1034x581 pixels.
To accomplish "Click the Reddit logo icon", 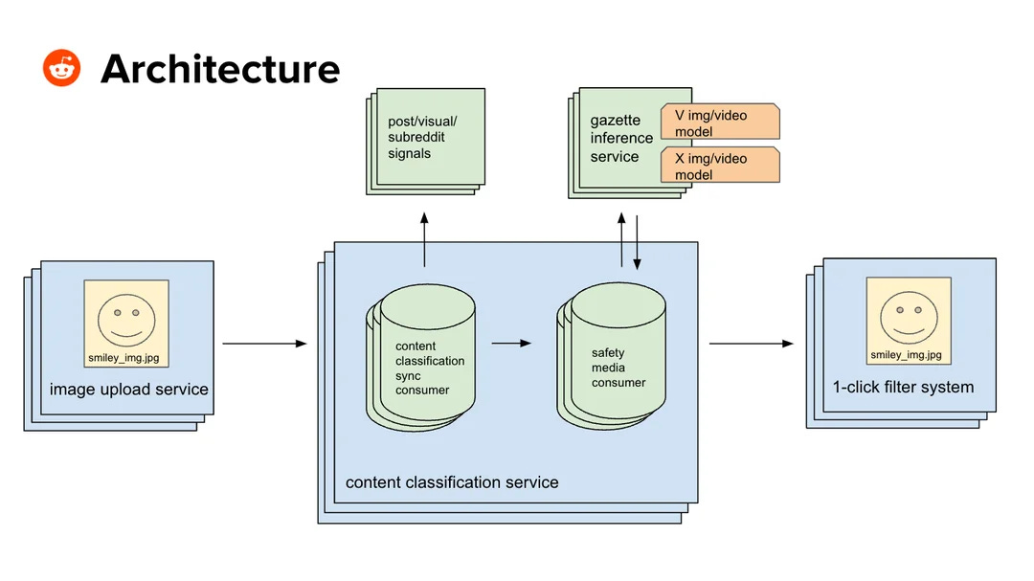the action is pyautogui.click(x=61, y=68).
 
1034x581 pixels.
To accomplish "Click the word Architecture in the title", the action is pyautogui.click(x=220, y=69).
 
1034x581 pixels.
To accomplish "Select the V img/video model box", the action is pyautogui.click(x=720, y=122).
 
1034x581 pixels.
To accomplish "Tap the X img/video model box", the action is pyautogui.click(x=720, y=165).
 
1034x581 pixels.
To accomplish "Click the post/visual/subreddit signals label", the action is pyautogui.click(x=422, y=137).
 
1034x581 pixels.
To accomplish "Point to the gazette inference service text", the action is pyautogui.click(x=621, y=139).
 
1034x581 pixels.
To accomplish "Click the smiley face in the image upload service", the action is pyautogui.click(x=126, y=320).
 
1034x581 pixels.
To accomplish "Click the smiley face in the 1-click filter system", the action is pyautogui.click(x=909, y=317).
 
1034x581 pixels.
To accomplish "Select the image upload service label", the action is pyautogui.click(x=128, y=390).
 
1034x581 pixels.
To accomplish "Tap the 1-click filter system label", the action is pyautogui.click(x=903, y=387).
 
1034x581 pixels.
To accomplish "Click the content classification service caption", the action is pyautogui.click(x=452, y=482).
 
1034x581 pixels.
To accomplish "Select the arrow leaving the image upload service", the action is pyautogui.click(x=264, y=344).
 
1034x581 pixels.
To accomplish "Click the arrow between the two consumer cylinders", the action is pyautogui.click(x=511, y=343).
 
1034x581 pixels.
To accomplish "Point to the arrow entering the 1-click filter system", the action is pyautogui.click(x=752, y=344).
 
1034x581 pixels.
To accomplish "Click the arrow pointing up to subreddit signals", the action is pyautogui.click(x=424, y=239).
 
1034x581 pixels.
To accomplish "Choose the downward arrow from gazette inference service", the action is pyautogui.click(x=637, y=242).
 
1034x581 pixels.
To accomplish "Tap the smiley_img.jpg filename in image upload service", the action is pyautogui.click(x=124, y=358).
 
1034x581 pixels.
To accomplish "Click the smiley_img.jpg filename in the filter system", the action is pyautogui.click(x=906, y=355).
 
